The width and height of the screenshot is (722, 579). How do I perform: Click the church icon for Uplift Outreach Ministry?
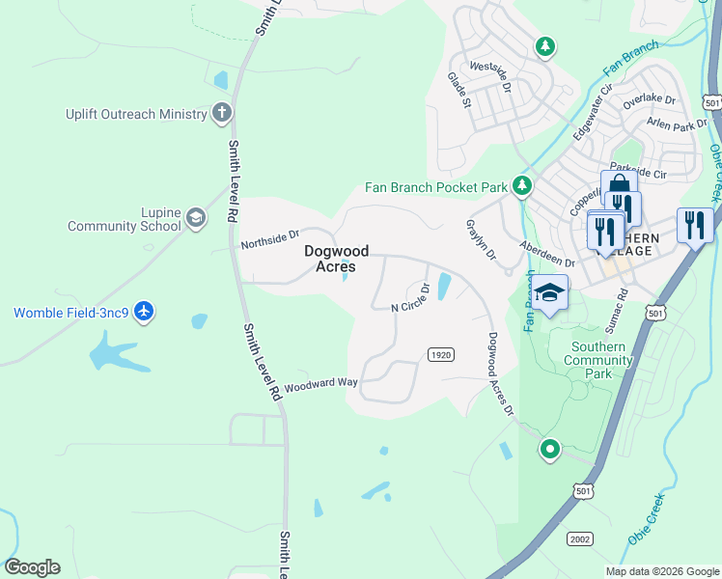point(221,113)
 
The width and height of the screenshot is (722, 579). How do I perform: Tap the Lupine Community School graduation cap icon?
point(196,218)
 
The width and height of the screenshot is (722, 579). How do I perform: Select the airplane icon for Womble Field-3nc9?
point(144,312)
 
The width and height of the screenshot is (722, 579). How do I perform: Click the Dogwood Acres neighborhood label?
point(330,258)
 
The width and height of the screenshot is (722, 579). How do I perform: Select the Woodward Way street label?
point(320,382)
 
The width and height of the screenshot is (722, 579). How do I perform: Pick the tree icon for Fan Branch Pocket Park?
point(522,185)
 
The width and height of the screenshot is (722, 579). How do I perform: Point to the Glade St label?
point(458,89)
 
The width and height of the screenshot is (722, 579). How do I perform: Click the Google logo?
point(32,567)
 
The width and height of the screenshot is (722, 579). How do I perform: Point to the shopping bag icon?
point(619,187)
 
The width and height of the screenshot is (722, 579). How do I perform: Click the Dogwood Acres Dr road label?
point(500,374)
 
